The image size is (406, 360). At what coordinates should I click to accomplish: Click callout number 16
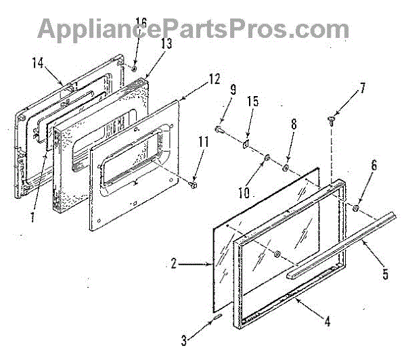pyautogui.click(x=141, y=30)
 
